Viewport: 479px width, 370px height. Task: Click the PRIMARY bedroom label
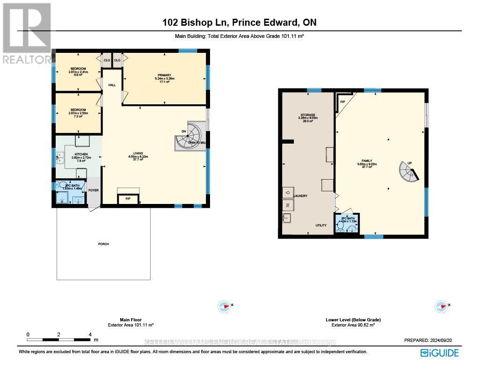coord(164,75)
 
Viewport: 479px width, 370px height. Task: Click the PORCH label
coord(103,244)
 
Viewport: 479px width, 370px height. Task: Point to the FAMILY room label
coord(366,160)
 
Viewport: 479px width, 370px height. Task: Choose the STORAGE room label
coord(307,115)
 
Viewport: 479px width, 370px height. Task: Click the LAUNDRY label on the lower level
coord(300,196)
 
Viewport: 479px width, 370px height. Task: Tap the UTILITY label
coord(321,225)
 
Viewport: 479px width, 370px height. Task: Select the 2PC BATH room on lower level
coord(347,223)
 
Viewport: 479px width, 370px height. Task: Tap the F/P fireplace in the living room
coord(128,199)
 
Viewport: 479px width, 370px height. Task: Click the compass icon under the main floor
coord(225,307)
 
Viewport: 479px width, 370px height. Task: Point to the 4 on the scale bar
coord(89,335)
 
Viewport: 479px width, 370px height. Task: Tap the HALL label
coord(112,85)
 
